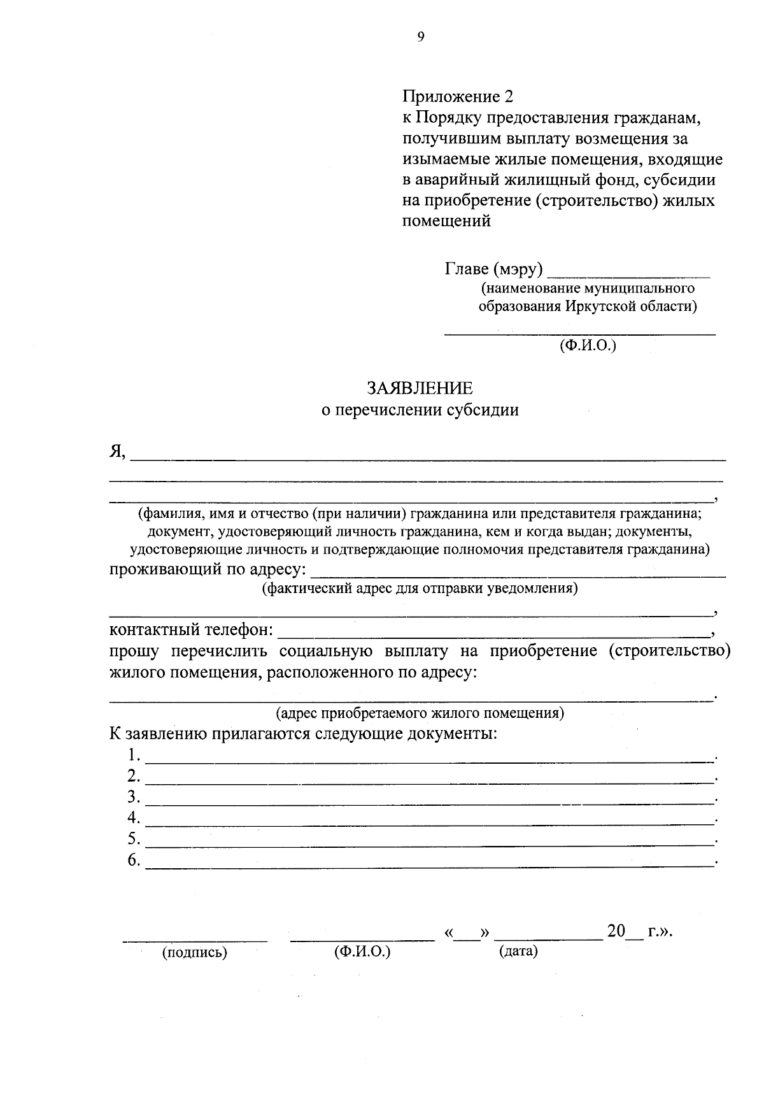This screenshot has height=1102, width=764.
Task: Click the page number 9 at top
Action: pos(420,38)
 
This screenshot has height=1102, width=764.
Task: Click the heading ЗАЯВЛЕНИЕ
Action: pos(419,388)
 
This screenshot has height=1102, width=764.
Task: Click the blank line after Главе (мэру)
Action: pos(628,274)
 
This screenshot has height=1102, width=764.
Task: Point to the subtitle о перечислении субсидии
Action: pos(419,410)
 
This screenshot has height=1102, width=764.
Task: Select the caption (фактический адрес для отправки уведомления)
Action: pos(419,588)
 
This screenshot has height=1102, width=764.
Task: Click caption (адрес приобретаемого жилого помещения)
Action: pos(419,712)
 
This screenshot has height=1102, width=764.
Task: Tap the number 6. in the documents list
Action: pos(134,861)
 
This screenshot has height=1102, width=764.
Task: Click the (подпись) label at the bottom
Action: pos(195,953)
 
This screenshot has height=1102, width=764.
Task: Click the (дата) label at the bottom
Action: pos(518,952)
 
